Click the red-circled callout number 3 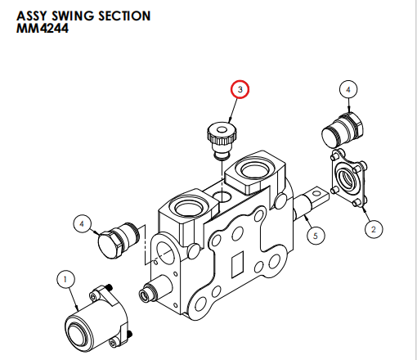click(240, 90)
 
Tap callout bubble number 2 click(373, 229)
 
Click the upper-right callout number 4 click(348, 89)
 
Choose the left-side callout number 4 click(82, 222)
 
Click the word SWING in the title click(69, 16)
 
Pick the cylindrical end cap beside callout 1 click(92, 322)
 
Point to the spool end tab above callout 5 click(316, 197)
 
